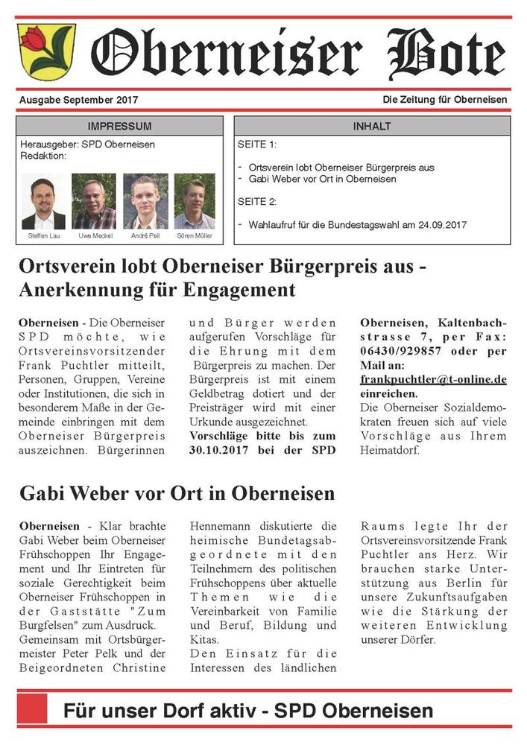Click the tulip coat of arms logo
pyautogui.click(x=46, y=51)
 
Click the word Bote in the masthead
pyautogui.click(x=446, y=52)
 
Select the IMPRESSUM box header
pyautogui.click(x=119, y=126)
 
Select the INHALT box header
pyautogui.click(x=371, y=126)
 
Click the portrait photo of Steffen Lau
pyautogui.click(x=43, y=202)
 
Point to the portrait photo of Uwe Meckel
pyautogui.click(x=94, y=202)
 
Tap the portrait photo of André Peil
pyautogui.click(x=145, y=202)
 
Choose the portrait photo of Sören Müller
pyautogui.click(x=195, y=202)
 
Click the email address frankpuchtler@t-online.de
pyautogui.click(x=433, y=379)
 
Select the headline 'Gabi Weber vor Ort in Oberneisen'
pyautogui.click(x=177, y=493)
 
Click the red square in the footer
pyautogui.click(x=32, y=709)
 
